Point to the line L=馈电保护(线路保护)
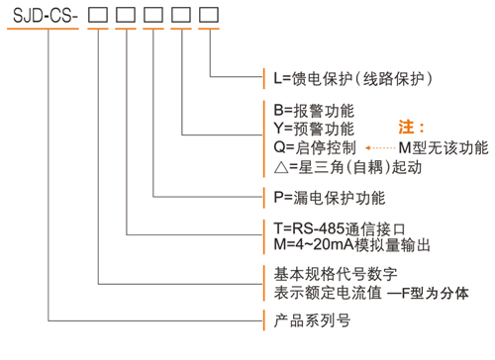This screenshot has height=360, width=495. [x=351, y=76]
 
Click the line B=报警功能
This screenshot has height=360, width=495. [x=314, y=110]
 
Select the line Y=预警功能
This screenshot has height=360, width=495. [x=314, y=128]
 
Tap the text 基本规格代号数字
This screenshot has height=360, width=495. [x=335, y=274]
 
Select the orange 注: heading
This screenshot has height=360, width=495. [x=411, y=128]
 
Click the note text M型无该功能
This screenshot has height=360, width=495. [x=443, y=147]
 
